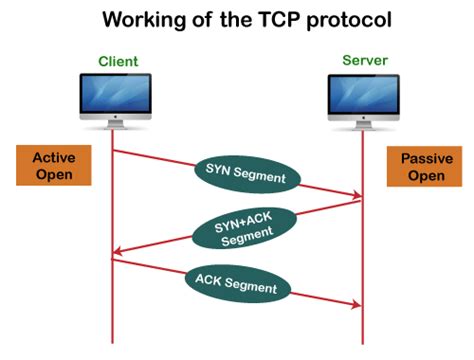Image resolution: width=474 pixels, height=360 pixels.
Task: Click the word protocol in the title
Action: (x=351, y=19)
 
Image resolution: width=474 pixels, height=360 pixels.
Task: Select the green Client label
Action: (x=117, y=62)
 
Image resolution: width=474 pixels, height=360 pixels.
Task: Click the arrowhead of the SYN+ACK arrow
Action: (x=118, y=252)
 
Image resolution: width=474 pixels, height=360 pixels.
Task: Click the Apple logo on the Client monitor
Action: (x=113, y=125)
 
